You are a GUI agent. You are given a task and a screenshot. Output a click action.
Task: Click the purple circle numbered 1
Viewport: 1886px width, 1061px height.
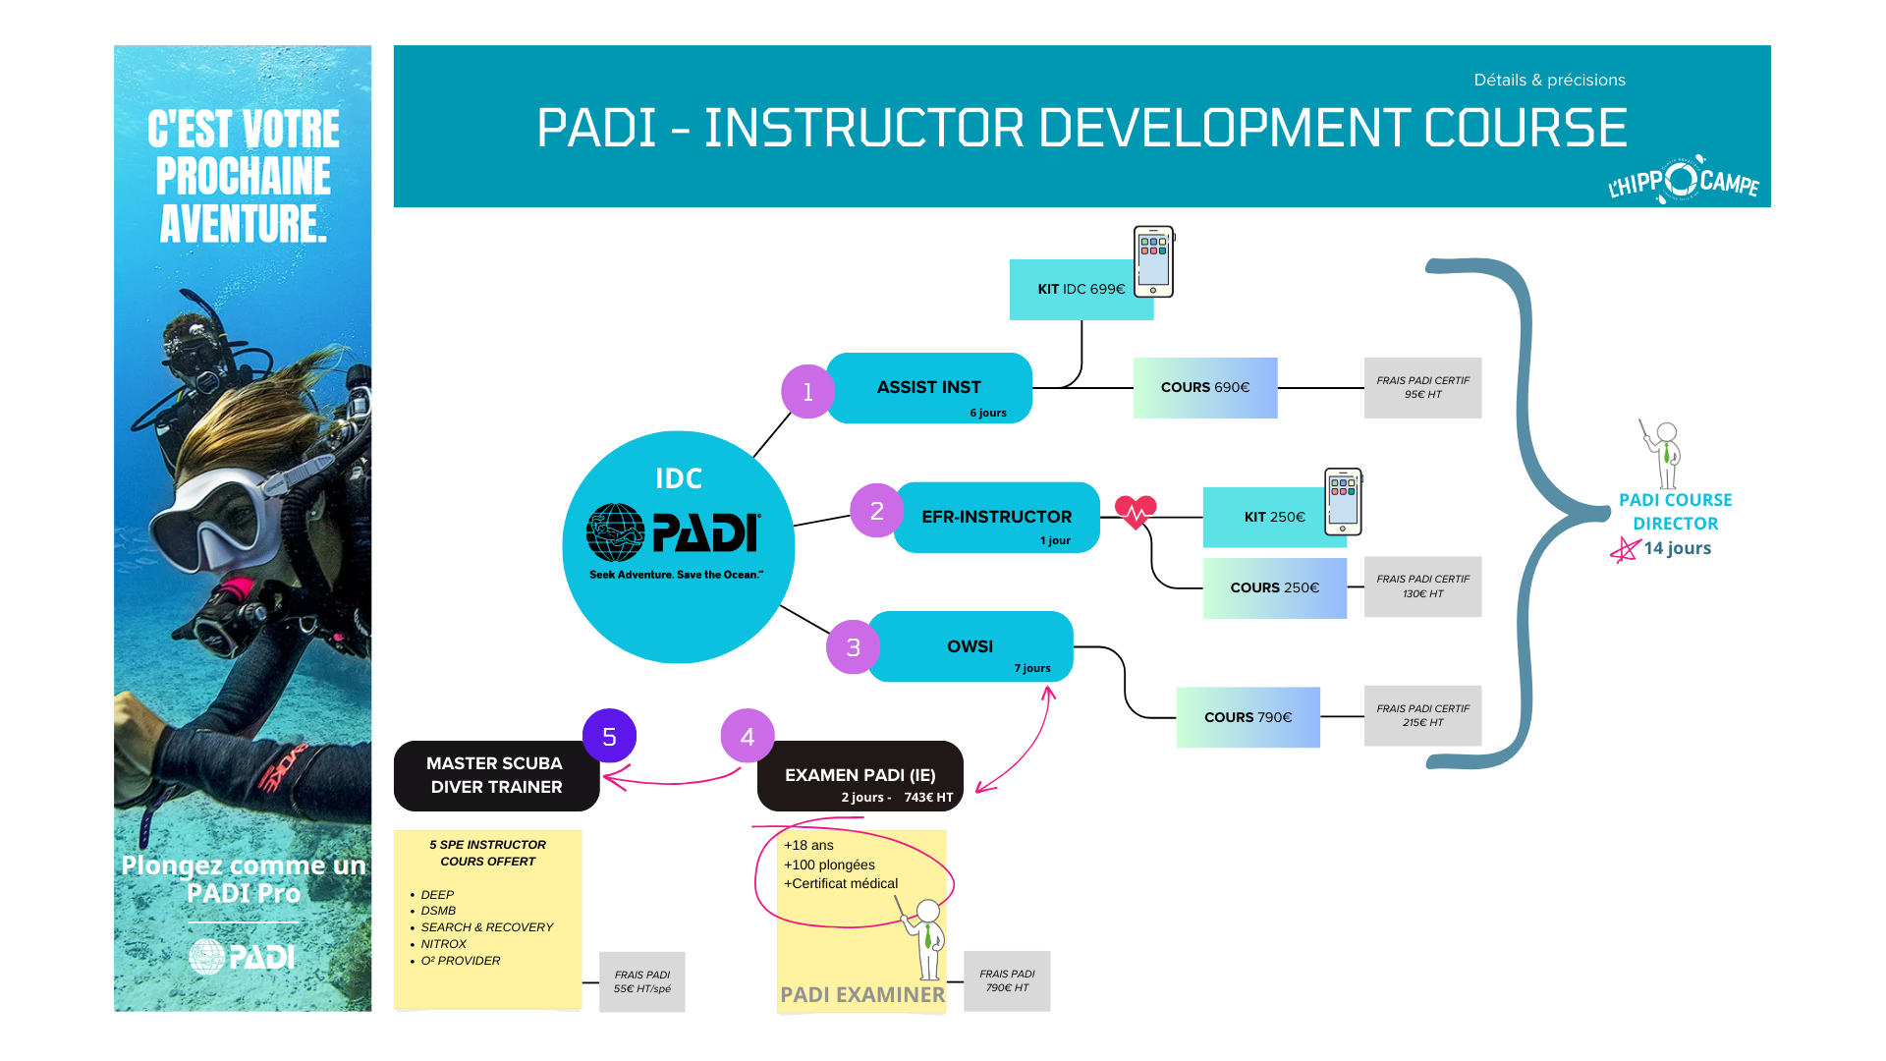807,392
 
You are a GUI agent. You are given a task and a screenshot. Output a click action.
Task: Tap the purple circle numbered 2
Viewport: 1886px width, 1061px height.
876,511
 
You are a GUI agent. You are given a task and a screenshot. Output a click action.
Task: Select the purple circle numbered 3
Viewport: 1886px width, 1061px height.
853,647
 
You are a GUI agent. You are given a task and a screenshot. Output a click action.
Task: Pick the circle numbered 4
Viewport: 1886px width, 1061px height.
748,737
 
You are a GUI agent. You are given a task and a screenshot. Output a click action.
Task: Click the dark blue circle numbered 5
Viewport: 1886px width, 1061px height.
609,737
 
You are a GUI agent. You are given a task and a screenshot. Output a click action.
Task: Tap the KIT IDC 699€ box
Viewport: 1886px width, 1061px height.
1081,290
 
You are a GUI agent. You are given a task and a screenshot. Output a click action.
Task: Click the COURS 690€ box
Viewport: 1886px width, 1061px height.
1205,388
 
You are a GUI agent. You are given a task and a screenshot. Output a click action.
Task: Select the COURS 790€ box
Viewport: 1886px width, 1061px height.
1248,717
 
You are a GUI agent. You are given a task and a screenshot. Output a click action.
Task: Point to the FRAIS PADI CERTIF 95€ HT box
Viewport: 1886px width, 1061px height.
1422,388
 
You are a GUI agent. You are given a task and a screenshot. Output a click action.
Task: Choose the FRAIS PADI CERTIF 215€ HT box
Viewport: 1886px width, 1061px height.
1422,716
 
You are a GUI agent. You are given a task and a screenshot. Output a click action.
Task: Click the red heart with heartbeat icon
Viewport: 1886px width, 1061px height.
1136,511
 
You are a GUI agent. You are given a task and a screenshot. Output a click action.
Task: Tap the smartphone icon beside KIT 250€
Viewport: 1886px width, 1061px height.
1343,501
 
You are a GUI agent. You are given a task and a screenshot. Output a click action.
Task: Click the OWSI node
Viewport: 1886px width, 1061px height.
970,646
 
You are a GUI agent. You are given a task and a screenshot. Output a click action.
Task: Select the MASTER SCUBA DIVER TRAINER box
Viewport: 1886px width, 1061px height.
496,775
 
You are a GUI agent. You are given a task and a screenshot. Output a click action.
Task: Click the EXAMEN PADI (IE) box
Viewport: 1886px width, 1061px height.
860,776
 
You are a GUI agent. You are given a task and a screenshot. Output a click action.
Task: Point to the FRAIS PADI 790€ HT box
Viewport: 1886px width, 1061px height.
1007,981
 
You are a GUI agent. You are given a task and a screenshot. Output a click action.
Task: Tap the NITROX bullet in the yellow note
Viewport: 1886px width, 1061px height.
443,944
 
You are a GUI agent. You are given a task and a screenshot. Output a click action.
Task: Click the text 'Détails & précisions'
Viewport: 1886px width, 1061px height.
1549,81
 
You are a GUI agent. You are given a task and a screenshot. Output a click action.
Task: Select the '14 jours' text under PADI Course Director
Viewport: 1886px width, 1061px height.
1677,548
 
